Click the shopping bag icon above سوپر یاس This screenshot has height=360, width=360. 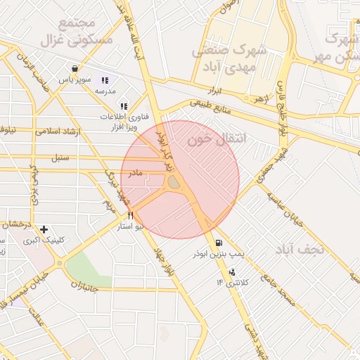(x=75, y=68)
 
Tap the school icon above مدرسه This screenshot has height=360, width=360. (x=105, y=81)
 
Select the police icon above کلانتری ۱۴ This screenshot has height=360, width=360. (x=232, y=272)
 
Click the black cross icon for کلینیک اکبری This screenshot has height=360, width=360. (x=44, y=229)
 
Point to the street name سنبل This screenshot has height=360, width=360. (x=60, y=158)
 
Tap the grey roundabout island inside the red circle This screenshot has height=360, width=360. (x=174, y=183)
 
